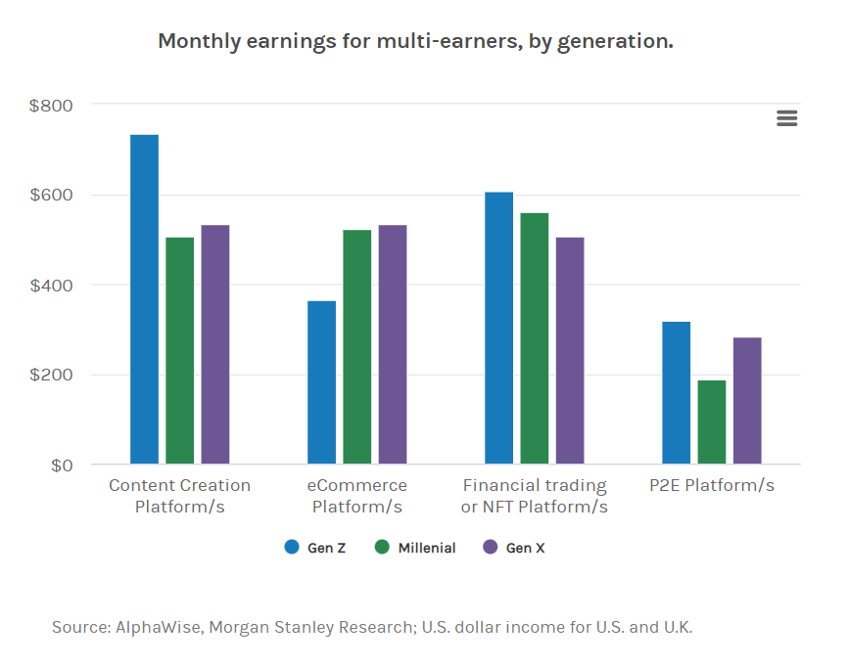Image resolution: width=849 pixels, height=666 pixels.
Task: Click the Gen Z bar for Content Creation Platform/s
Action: click(144, 299)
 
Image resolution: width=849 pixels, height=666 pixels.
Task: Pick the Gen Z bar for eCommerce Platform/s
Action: click(321, 382)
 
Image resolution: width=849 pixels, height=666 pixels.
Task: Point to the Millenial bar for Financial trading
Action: click(534, 338)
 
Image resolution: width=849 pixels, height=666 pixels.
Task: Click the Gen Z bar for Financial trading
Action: click(498, 328)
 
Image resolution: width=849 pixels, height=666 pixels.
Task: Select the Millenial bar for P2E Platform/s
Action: click(712, 422)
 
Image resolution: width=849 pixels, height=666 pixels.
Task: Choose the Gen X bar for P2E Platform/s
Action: click(747, 401)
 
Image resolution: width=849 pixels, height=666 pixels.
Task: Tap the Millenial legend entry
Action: click(415, 548)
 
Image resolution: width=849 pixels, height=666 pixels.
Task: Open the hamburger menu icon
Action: click(786, 118)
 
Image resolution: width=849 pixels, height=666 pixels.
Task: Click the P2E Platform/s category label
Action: click(712, 485)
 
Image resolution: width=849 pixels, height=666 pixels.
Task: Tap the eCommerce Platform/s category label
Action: click(356, 496)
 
